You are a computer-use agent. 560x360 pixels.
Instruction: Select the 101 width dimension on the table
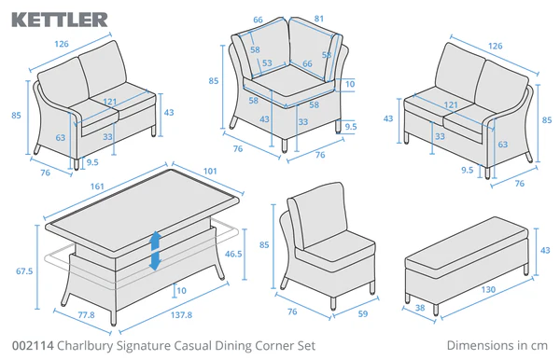(210, 171)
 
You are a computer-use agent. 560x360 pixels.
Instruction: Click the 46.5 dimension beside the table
(234, 253)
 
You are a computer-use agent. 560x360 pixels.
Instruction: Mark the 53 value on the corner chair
(267, 64)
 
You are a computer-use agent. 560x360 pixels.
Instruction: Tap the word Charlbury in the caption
(86, 345)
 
